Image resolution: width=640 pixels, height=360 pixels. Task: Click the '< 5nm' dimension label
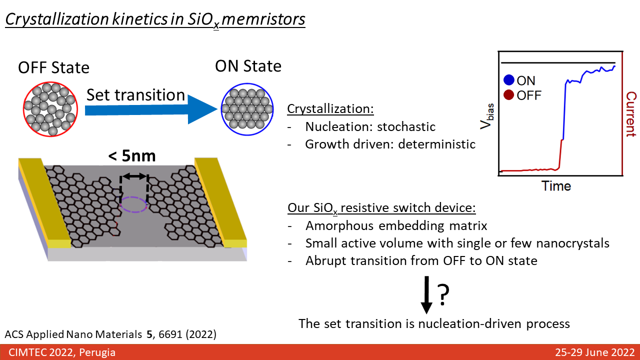[132, 156]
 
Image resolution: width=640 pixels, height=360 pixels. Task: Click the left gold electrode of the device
[45, 202]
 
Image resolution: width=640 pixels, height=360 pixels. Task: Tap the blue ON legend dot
[509, 80]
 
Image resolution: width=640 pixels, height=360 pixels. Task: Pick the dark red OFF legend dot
[509, 94]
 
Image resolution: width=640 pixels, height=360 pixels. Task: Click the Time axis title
[556, 186]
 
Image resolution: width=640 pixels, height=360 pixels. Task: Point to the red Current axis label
[631, 114]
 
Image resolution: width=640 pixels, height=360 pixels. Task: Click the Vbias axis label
[487, 116]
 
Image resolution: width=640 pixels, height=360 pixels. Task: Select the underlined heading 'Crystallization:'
[330, 109]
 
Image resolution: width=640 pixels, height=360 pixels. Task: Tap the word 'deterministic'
[436, 144]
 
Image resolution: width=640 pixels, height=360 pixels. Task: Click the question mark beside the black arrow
[443, 295]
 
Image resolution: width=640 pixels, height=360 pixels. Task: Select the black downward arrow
[426, 295]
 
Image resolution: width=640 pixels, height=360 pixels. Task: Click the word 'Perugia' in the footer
[97, 352]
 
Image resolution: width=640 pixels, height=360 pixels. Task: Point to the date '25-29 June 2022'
[595, 352]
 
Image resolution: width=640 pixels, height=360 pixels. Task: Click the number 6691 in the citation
[170, 334]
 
